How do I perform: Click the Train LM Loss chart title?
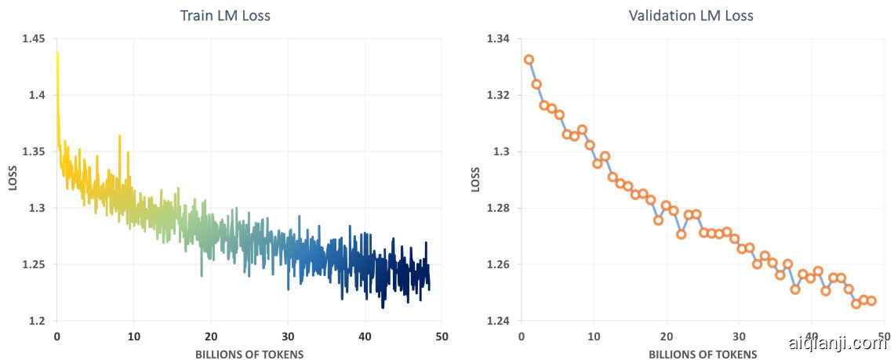(225, 16)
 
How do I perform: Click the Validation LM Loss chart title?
(690, 16)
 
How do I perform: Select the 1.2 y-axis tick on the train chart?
(36, 322)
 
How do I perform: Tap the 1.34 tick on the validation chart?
(499, 39)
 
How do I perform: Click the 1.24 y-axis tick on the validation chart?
(499, 322)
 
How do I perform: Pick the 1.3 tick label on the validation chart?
(503, 152)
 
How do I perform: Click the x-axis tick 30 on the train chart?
(288, 336)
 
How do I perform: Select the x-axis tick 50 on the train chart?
(442, 336)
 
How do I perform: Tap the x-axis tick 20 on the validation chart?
(667, 336)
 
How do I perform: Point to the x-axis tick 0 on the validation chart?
(521, 336)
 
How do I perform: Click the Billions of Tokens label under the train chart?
(249, 355)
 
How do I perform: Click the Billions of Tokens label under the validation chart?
(703, 355)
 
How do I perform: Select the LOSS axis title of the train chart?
(13, 180)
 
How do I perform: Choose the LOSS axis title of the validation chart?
(476, 180)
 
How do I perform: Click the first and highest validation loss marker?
(529, 60)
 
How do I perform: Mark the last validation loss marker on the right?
(871, 301)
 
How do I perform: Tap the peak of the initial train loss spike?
(57, 53)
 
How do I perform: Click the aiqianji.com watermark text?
(836, 343)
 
